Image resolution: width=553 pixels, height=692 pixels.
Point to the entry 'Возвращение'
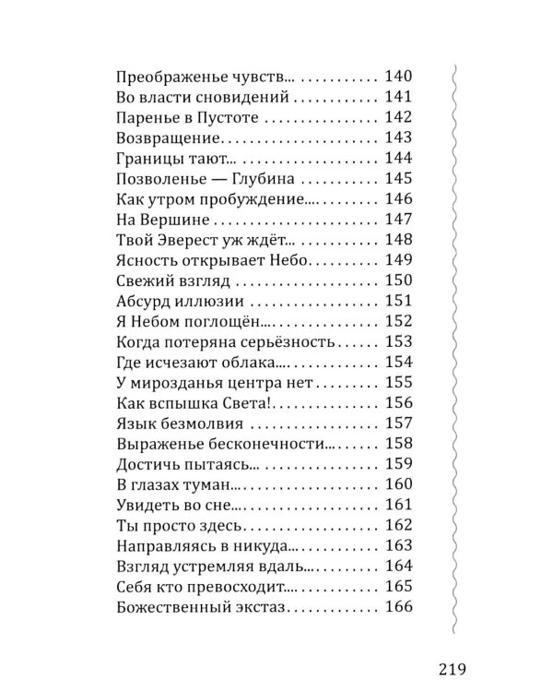171,139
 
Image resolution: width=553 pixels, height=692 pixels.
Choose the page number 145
399,180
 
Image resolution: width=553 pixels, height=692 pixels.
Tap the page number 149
399,261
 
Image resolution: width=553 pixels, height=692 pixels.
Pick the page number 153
399,342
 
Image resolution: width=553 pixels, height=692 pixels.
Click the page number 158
399,444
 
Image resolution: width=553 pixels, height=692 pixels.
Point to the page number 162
399,525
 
